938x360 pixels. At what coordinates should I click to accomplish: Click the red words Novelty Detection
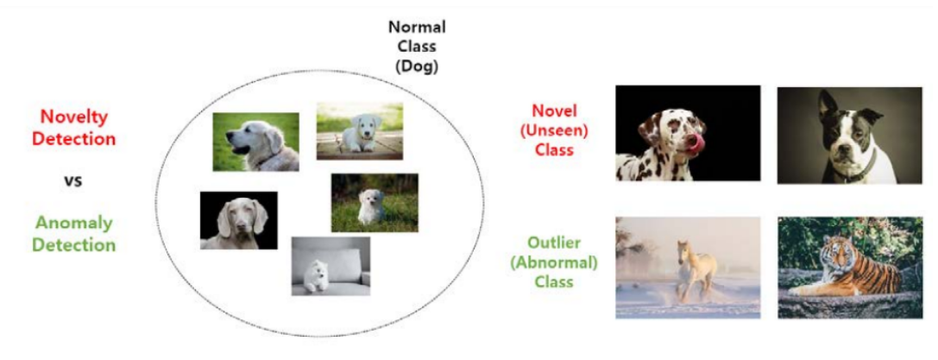tap(73, 127)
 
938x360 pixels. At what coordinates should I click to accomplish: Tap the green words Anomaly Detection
tap(74, 234)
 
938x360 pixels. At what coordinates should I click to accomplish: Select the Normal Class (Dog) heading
tap(417, 47)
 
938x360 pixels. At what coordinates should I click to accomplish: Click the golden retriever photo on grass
tap(256, 142)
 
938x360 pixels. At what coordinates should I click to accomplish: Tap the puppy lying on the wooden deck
tap(359, 131)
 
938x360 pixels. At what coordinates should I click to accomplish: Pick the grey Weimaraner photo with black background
tap(238, 220)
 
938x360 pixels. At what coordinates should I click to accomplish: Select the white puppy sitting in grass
tap(375, 204)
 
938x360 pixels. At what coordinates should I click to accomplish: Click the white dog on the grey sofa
tap(331, 266)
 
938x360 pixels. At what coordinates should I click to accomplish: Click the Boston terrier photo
tap(849, 135)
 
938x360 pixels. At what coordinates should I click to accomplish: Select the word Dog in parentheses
tap(417, 66)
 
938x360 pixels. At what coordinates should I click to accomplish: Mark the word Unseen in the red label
tap(554, 129)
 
